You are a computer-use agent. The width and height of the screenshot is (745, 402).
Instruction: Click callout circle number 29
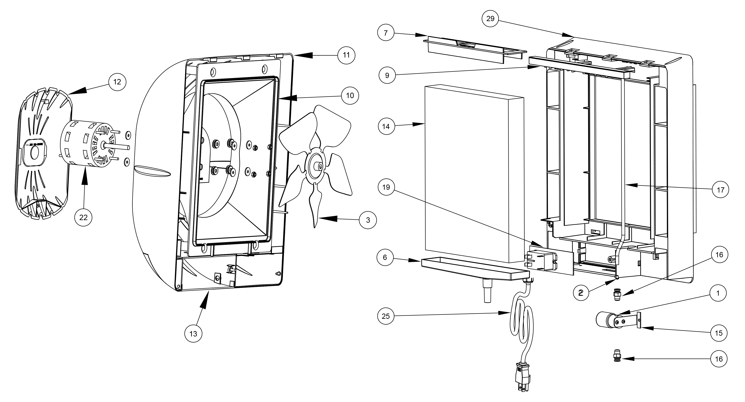(490, 18)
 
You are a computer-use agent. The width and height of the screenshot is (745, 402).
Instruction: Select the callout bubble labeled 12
(117, 82)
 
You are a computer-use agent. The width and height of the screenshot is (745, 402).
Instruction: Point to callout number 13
(193, 334)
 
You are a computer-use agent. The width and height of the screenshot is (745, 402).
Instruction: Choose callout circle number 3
(368, 220)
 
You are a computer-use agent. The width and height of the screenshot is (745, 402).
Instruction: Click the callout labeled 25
(386, 316)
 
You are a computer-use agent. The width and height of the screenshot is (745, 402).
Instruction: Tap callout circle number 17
(720, 190)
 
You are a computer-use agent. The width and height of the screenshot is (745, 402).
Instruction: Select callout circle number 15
(719, 333)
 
